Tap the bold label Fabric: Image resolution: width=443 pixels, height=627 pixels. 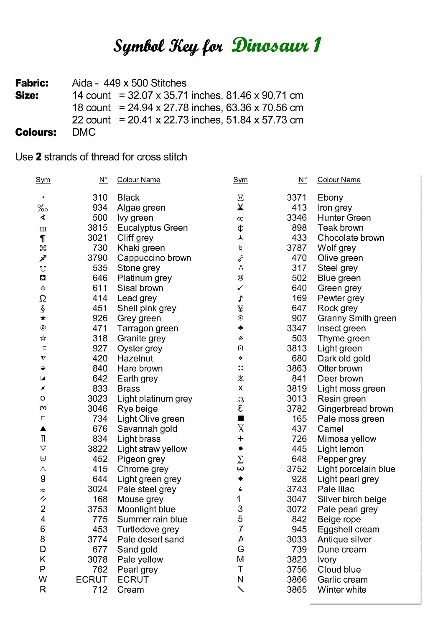(x=32, y=83)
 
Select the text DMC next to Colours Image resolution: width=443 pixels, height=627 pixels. (x=84, y=133)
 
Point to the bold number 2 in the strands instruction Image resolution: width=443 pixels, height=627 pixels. (x=38, y=157)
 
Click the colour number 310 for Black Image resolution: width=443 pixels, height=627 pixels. (x=100, y=198)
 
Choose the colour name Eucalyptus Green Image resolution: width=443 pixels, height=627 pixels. (x=152, y=228)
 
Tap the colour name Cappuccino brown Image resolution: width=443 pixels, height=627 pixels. (x=154, y=258)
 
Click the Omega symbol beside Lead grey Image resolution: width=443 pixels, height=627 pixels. (x=43, y=298)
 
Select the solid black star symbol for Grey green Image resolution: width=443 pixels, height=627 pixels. (x=43, y=318)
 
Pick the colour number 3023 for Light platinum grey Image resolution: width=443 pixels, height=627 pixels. (x=97, y=399)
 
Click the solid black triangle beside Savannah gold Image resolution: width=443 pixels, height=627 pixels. (x=43, y=428)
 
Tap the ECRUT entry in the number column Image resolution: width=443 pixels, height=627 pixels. (x=92, y=580)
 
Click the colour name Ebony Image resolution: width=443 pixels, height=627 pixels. (x=330, y=198)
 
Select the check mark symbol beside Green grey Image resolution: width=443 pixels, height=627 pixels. (x=240, y=288)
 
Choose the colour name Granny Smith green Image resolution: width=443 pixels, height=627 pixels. (x=356, y=319)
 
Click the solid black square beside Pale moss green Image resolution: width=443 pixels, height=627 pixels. (x=240, y=418)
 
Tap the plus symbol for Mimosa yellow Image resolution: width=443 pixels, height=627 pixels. (x=240, y=438)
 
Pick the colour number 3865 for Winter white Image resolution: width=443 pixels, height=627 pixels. (x=297, y=590)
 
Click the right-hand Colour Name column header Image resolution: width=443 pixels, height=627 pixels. (x=339, y=180)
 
